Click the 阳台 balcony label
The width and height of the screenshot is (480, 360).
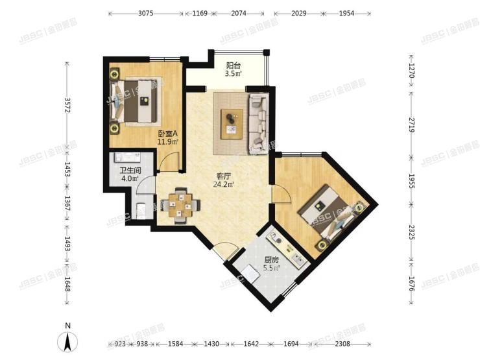tap(234, 65)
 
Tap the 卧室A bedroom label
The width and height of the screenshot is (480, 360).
tap(167, 135)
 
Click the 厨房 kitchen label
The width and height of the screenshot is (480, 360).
tap(271, 259)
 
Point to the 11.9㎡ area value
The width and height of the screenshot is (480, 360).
tap(167, 143)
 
